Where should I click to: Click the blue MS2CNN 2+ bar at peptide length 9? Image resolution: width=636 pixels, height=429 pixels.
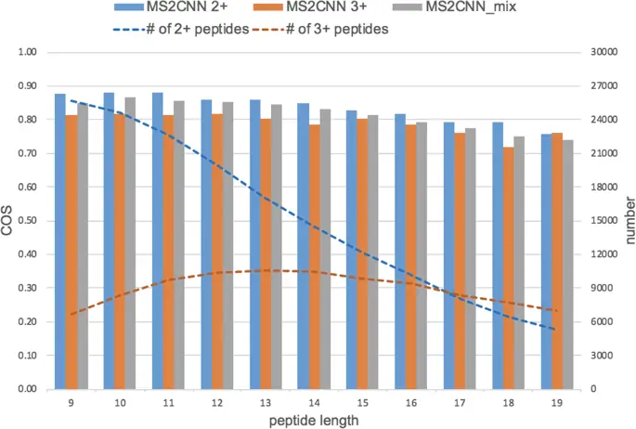click(x=60, y=241)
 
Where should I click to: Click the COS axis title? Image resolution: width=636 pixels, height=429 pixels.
click(x=8, y=220)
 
